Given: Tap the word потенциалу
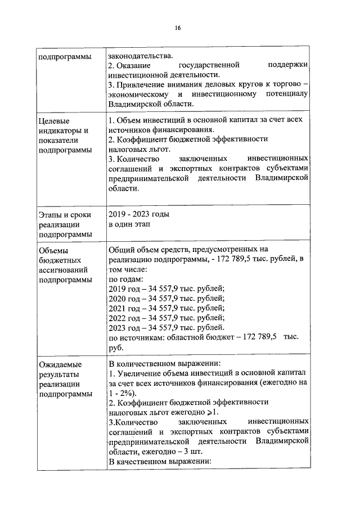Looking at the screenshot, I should pyautogui.click(x=286, y=94).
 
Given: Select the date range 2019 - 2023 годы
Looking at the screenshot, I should pyautogui.click(x=138, y=214).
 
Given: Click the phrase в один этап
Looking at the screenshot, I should pyautogui.click(x=129, y=224).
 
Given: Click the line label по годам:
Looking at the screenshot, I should pyautogui.click(x=125, y=279).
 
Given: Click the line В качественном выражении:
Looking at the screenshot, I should pyautogui.click(x=159, y=461).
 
